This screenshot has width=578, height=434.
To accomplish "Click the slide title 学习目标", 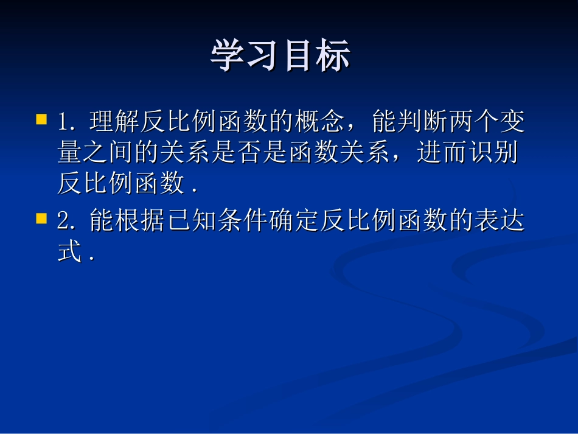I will pyautogui.click(x=280, y=57).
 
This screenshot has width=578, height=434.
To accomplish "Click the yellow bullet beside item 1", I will pyautogui.click(x=41, y=118).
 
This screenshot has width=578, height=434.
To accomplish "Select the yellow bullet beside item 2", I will pyautogui.click(x=41, y=218).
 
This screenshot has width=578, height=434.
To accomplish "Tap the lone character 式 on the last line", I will pyautogui.click(x=69, y=252).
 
